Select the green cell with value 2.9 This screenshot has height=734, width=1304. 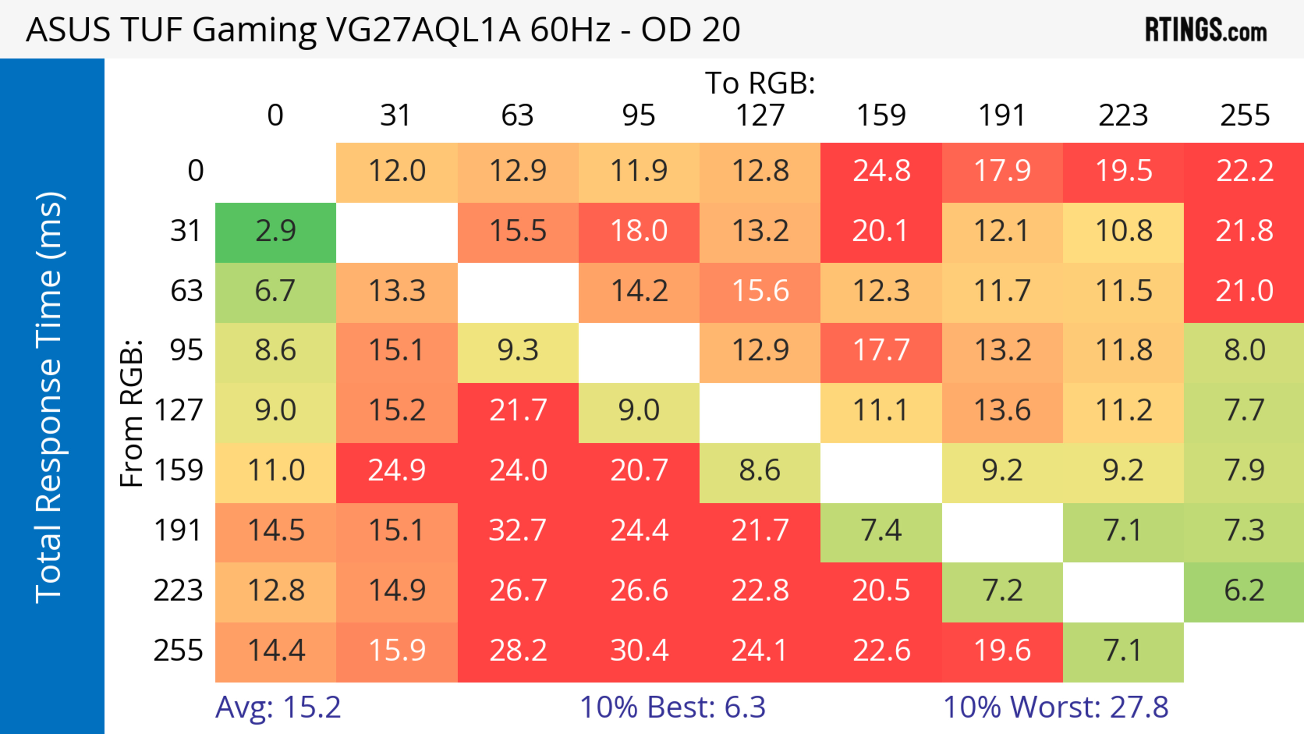[x=275, y=231]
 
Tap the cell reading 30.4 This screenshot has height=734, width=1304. [x=639, y=650]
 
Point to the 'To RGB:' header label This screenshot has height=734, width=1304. [x=760, y=83]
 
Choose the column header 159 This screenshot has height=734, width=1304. [x=881, y=115]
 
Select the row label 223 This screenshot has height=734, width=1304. [x=178, y=591]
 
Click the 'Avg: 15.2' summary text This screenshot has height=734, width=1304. [x=278, y=707]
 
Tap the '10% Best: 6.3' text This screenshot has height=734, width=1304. [x=672, y=707]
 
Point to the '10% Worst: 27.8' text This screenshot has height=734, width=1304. [x=1055, y=707]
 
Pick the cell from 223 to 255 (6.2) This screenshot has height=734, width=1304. [x=1244, y=591]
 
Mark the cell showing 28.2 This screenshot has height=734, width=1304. [x=517, y=650]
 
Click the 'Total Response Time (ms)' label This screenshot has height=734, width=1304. [x=50, y=397]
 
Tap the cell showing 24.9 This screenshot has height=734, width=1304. [x=396, y=471]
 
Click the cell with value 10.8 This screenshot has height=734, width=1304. [x=1123, y=231]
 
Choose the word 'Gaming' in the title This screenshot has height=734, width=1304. [x=254, y=30]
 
